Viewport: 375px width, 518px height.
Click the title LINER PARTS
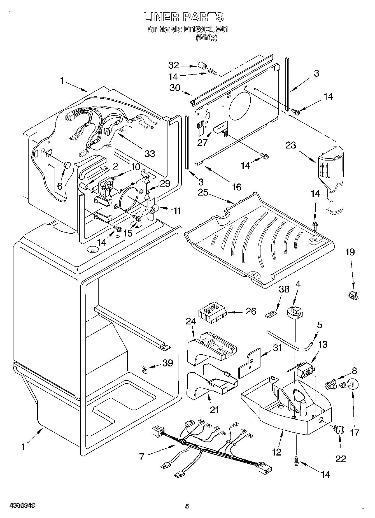coord(183,17)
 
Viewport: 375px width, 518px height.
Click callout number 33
coord(150,153)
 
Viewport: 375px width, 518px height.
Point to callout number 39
coord(168,363)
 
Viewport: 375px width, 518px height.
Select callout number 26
coord(251,311)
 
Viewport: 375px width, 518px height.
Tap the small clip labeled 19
coord(353,295)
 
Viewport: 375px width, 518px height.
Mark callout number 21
coord(214,410)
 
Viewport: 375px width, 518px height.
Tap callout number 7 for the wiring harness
coord(142,457)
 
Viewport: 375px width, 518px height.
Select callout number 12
coord(276,452)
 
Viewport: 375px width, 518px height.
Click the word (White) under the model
coord(206,38)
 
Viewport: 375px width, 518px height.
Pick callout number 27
coord(202,142)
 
